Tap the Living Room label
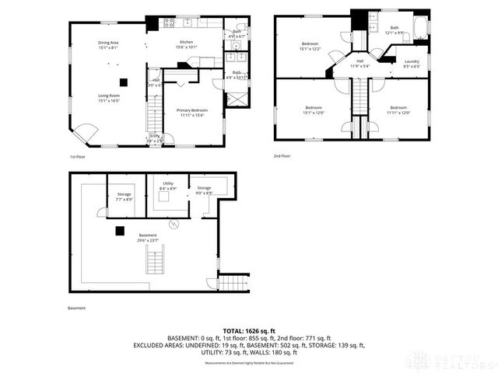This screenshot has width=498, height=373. click(x=108, y=96)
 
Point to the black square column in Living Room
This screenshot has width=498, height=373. click(x=122, y=81)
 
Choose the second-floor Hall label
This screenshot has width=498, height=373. click(x=360, y=61)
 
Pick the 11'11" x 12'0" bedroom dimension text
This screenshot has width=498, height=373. click(x=398, y=112)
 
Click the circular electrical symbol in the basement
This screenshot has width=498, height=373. click(x=174, y=224)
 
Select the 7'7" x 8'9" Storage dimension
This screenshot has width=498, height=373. click(x=124, y=200)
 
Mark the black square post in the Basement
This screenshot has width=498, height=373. click(x=119, y=230)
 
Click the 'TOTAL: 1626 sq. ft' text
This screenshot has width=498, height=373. click(x=250, y=331)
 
